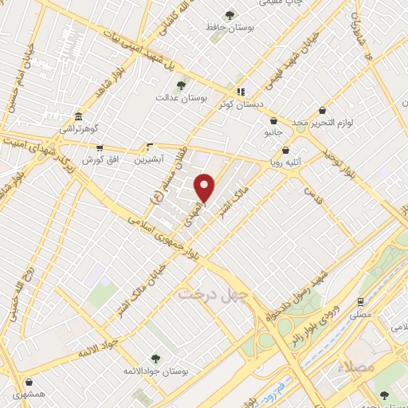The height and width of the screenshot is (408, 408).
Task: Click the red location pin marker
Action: tap(206, 187)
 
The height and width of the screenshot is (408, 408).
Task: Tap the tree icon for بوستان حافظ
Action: tap(230, 14)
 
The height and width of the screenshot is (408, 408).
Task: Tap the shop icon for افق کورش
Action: tap(99, 148)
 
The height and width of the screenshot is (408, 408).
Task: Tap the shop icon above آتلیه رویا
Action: tap(286, 148)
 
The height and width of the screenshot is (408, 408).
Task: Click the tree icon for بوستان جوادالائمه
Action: tap(155, 359)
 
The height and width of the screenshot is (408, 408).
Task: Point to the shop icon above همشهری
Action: tap(29, 382)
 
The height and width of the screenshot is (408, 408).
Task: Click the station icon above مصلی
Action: tap(361, 301)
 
